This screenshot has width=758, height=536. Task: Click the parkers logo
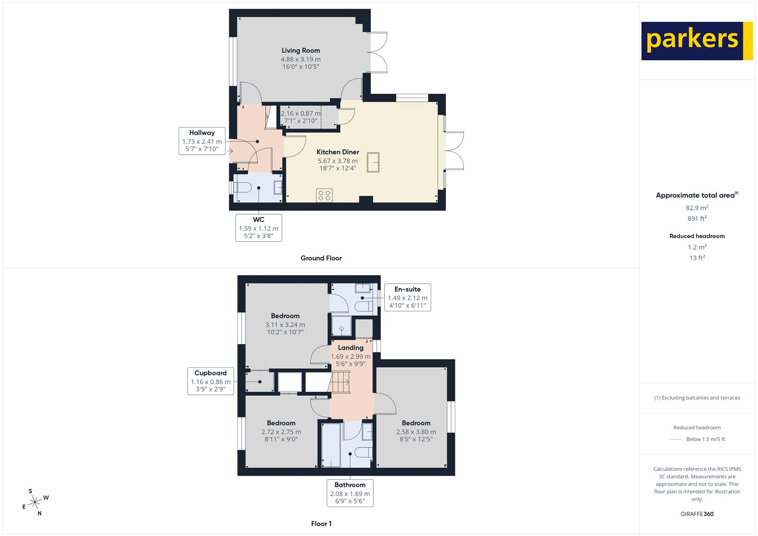(x=696, y=41)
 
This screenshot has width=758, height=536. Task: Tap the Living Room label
(x=301, y=51)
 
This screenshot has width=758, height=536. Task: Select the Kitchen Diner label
(x=338, y=152)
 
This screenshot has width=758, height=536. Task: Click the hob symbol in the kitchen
(x=325, y=195)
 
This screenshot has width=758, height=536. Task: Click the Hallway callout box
(x=202, y=141)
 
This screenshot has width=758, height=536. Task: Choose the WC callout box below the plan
(x=259, y=228)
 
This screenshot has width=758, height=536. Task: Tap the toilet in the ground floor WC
(x=243, y=188)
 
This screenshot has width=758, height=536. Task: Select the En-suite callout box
(x=407, y=297)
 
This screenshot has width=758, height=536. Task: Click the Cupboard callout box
(x=210, y=381)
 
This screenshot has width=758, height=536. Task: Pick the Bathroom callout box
(x=350, y=493)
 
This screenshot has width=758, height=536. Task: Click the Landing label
(x=351, y=348)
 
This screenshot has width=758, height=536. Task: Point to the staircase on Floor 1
(x=340, y=382)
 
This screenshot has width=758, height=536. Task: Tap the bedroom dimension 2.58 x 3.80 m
(x=416, y=432)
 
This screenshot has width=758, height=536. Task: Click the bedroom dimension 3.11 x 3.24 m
(x=285, y=325)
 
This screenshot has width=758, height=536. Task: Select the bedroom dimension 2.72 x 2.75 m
(x=281, y=432)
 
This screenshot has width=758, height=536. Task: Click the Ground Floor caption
(x=321, y=258)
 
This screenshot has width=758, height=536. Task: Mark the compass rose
(x=35, y=502)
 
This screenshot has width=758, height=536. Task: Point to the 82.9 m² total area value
(x=697, y=208)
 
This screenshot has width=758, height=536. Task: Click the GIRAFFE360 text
(x=697, y=514)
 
